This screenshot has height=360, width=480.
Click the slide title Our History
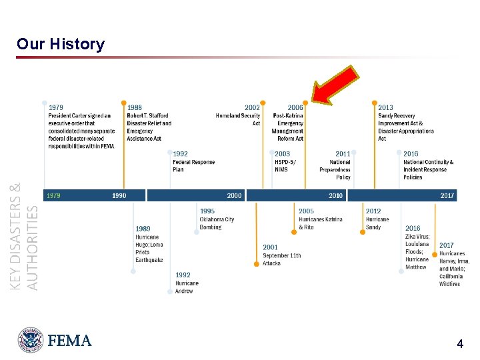pyautogui.click(x=61, y=45)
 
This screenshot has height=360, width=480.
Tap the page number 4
pyautogui.click(x=459, y=344)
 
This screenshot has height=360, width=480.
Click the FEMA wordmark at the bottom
pyautogui.click(x=69, y=341)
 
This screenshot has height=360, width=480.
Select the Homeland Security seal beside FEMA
pyautogui.click(x=31, y=340)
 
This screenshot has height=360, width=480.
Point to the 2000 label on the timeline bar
pyautogui.click(x=235, y=195)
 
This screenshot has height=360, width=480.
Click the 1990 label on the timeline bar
pyautogui.click(x=119, y=195)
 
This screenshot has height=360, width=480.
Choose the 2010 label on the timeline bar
pyautogui.click(x=335, y=195)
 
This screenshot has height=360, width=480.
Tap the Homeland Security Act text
pyautogui.click(x=238, y=119)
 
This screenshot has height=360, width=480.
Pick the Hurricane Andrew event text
pyautogui.click(x=187, y=287)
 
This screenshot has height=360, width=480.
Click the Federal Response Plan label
pyautogui.click(x=194, y=165)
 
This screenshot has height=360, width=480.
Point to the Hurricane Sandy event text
pyautogui.click(x=377, y=223)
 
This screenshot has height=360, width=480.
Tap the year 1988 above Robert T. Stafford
pyautogui.click(x=134, y=107)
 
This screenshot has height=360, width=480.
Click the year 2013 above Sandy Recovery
pyautogui.click(x=385, y=107)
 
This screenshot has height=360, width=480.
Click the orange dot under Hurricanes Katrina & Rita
pyautogui.click(x=293, y=233)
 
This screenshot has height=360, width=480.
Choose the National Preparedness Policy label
pyautogui.click(x=335, y=169)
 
